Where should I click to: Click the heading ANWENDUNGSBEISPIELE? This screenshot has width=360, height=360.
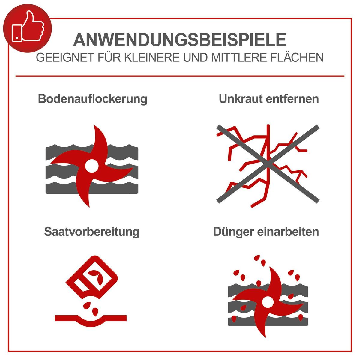180,40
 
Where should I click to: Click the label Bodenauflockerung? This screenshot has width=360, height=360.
92,99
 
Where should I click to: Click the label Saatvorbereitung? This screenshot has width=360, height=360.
92,232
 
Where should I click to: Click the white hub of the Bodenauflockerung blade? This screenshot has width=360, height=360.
91,166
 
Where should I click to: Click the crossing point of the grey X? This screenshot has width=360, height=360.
268,164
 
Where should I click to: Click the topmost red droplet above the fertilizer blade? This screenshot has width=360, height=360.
257,258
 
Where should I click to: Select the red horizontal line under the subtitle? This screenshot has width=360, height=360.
180,76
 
